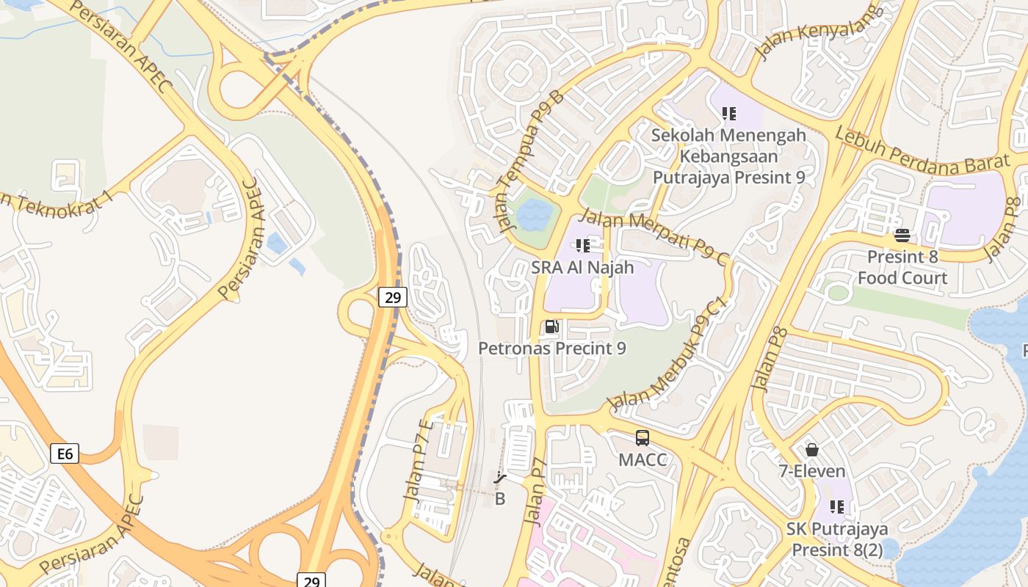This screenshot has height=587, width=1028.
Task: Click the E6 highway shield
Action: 65,453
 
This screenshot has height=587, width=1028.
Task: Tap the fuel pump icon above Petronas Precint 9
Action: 552,327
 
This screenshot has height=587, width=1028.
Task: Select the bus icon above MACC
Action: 642,438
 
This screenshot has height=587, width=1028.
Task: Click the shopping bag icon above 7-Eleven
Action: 812,449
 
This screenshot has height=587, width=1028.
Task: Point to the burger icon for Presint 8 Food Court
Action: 902,236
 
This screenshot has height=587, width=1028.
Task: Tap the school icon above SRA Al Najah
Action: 583,245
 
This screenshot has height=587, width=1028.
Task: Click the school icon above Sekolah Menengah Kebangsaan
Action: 729,114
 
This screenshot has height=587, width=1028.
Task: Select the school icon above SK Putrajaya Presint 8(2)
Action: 837,506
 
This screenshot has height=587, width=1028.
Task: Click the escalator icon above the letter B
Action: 500,479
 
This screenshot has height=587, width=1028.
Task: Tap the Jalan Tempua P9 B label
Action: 530,161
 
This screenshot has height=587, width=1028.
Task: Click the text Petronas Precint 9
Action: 552,348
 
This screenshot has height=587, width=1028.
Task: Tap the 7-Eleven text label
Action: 812,471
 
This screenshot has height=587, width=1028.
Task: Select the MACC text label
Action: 642,460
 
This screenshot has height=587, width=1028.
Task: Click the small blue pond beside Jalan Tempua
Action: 534,215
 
